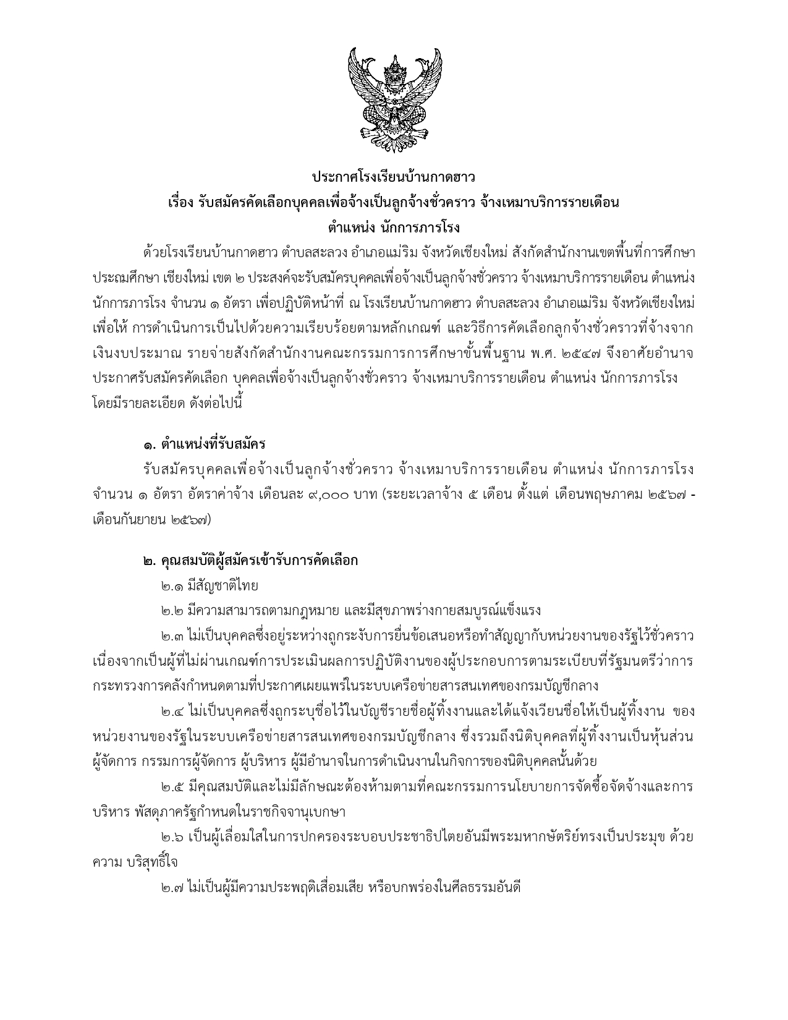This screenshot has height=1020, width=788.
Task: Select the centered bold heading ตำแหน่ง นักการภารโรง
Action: click(394, 227)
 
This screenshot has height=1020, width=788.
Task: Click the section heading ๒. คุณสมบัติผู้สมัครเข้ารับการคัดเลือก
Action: click(250, 561)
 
